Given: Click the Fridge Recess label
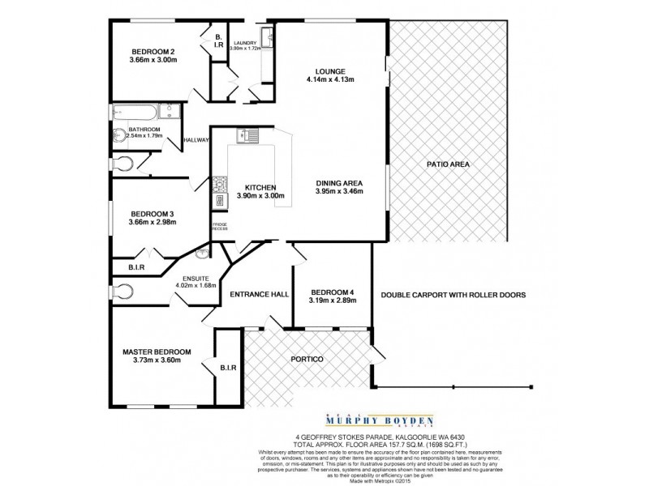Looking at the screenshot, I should coord(219,227).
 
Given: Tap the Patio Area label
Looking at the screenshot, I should coord(448,165).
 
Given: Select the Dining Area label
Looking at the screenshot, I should coord(339,182).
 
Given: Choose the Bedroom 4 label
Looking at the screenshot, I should coord(333,292).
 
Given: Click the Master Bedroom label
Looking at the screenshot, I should coord(157,352).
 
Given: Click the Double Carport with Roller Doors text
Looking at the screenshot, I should coord(453,296).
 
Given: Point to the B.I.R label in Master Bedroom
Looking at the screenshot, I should coord(227,369).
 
